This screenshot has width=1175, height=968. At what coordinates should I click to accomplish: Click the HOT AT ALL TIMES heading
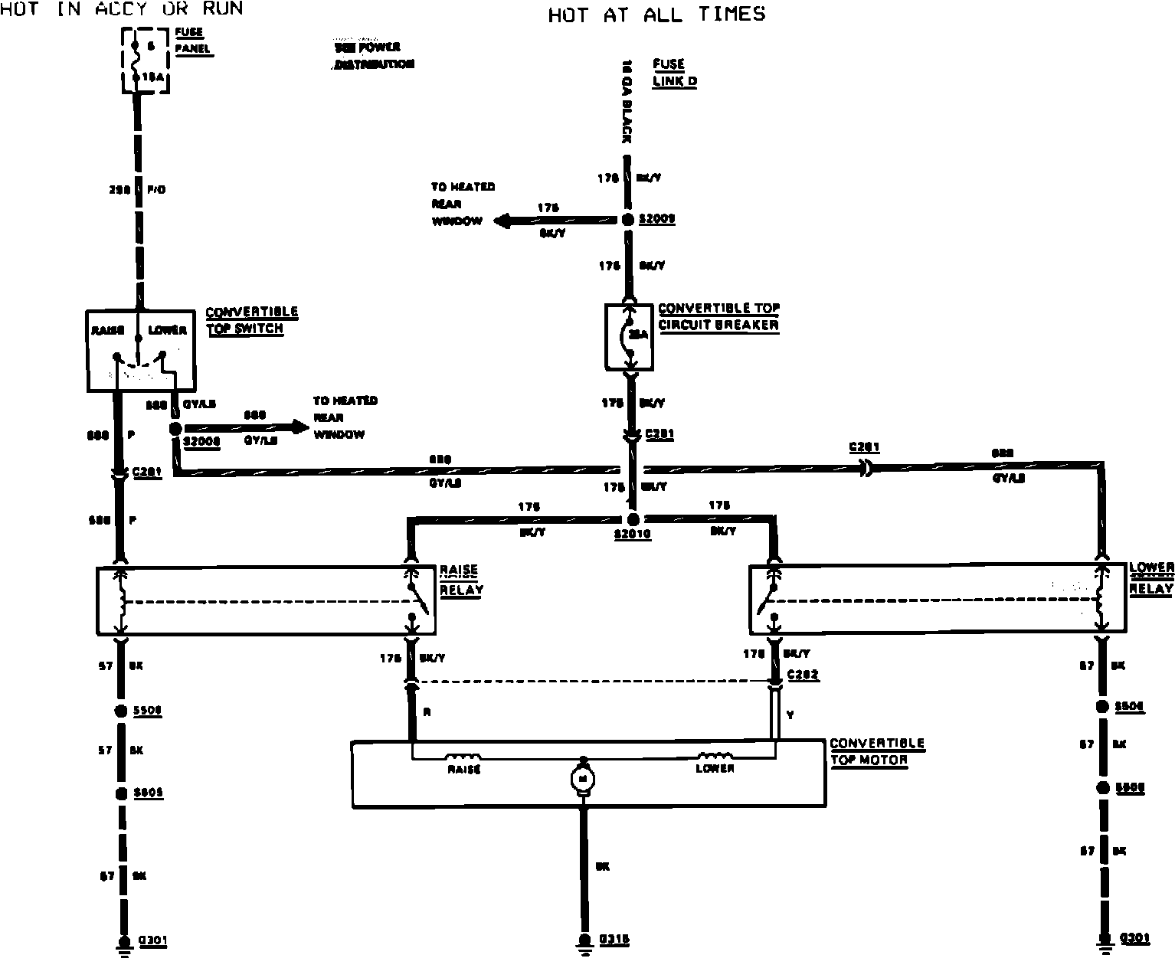(656, 15)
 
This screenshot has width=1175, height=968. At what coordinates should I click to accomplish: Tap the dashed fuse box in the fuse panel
(146, 61)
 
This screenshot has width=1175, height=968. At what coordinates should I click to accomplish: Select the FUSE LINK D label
(674, 73)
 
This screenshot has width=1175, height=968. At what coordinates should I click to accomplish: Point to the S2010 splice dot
(633, 519)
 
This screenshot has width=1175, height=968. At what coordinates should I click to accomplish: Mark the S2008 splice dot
(175, 430)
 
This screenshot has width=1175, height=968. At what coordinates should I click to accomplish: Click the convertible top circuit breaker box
(630, 336)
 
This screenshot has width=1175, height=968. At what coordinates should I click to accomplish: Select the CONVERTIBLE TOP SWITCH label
(251, 321)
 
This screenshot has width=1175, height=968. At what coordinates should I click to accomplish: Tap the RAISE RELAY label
(460, 580)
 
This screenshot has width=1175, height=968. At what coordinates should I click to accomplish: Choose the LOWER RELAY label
(1151, 578)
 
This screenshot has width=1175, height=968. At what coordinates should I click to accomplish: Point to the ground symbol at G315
(584, 941)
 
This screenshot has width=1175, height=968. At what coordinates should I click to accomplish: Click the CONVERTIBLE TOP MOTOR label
(876, 751)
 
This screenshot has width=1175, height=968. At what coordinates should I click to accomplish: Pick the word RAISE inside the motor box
(463, 769)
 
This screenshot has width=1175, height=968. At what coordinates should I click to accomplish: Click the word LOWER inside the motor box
(715, 768)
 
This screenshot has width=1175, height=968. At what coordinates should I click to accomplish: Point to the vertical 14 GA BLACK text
(627, 101)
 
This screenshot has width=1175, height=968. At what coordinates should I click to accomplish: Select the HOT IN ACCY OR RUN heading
(123, 8)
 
